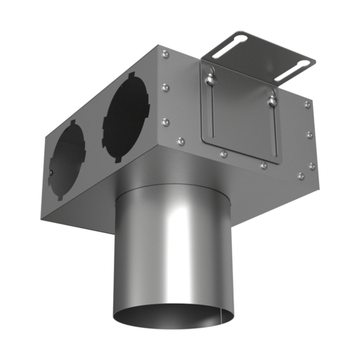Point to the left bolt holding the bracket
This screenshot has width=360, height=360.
coord(208,78)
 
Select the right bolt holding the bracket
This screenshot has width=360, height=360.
coord(273,98)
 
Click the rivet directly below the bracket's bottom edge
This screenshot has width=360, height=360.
coord(224,153)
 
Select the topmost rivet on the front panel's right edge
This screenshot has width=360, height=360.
coord(307,104)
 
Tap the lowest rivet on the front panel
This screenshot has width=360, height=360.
coord(301,176)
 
